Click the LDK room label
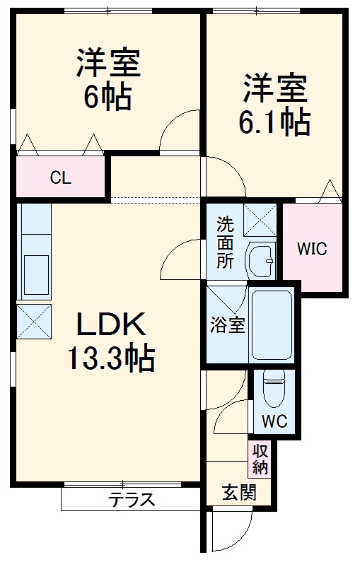point(110,326)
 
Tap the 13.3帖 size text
point(110,360)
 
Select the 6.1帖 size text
point(276,123)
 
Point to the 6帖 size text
point(108,97)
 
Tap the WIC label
point(312,250)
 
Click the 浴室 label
point(227,326)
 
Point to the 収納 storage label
point(259,459)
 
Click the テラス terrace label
point(132,500)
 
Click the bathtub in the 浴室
point(272,324)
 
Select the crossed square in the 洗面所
point(260,219)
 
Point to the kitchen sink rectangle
point(35,271)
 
